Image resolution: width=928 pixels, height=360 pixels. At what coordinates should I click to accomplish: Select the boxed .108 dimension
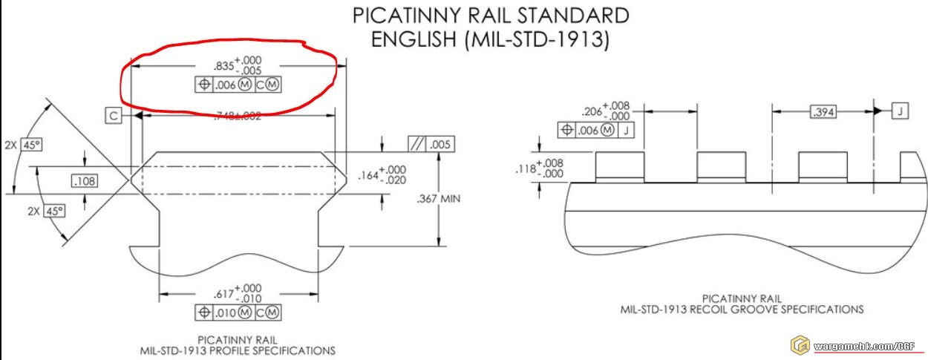point(85,181)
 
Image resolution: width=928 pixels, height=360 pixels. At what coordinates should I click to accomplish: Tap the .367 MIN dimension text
point(440,199)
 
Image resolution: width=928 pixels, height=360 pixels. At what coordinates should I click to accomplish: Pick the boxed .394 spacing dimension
point(822,112)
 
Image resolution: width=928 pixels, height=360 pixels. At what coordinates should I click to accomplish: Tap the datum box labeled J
point(899,111)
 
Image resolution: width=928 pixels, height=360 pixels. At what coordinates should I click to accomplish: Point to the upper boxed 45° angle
point(32,145)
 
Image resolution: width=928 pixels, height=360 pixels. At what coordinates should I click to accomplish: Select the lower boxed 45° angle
point(54,211)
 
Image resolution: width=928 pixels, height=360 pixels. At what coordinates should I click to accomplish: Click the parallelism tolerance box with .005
point(431,145)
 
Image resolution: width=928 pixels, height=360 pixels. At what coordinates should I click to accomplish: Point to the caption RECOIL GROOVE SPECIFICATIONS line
point(742,309)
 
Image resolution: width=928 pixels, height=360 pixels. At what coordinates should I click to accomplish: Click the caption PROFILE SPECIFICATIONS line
point(238,350)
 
